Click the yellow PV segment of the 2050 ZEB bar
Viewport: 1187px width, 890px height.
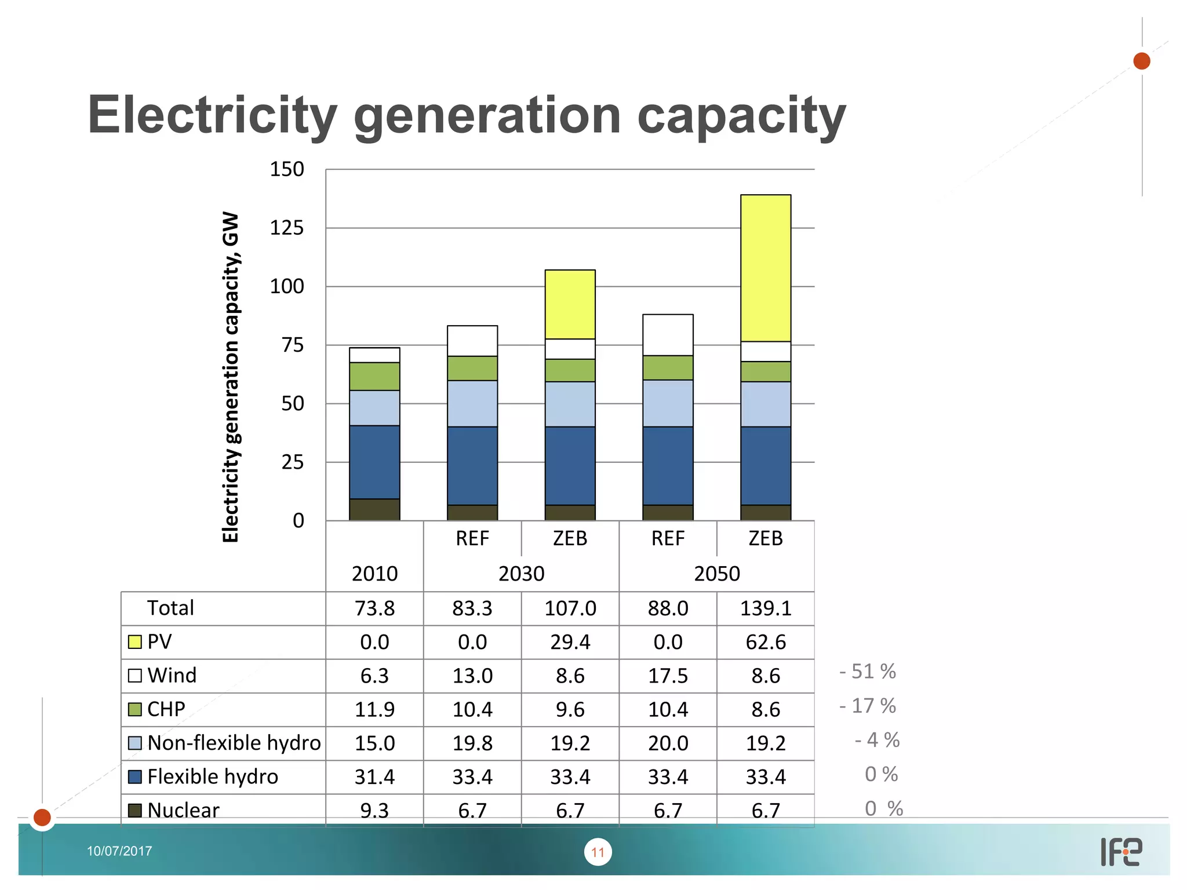tap(765, 268)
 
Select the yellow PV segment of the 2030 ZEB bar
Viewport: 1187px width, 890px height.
tap(570, 304)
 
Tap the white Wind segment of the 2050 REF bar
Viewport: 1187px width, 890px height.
tap(668, 335)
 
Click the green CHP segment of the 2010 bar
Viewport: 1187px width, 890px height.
tap(374, 376)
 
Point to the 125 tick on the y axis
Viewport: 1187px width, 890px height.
tap(287, 228)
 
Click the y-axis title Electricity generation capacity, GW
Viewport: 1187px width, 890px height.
tap(231, 377)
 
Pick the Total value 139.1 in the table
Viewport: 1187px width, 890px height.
tap(765, 608)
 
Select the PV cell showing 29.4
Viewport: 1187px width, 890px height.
tap(570, 642)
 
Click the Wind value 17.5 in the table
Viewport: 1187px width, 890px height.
tap(668, 676)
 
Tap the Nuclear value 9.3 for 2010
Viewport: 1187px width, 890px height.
tap(374, 810)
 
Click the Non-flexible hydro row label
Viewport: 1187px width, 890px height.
tap(234, 743)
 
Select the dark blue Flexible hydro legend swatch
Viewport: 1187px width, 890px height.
tap(134, 776)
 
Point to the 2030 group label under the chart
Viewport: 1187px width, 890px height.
tap(521, 574)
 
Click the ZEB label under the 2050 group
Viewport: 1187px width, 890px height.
tap(765, 538)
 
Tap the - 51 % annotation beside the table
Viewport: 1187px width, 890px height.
tap(868, 672)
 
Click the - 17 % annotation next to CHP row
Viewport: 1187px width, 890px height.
tap(868, 706)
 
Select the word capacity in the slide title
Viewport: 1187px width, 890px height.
tap(741, 116)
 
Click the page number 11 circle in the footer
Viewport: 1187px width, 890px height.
tap(598, 852)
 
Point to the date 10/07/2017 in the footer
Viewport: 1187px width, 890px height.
tap(119, 851)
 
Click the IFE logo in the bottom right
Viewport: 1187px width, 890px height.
tap(1121, 852)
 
